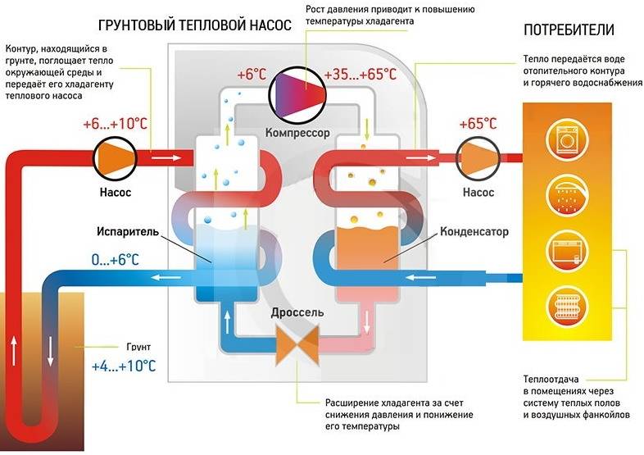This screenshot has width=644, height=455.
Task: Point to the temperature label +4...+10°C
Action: click(125, 365)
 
